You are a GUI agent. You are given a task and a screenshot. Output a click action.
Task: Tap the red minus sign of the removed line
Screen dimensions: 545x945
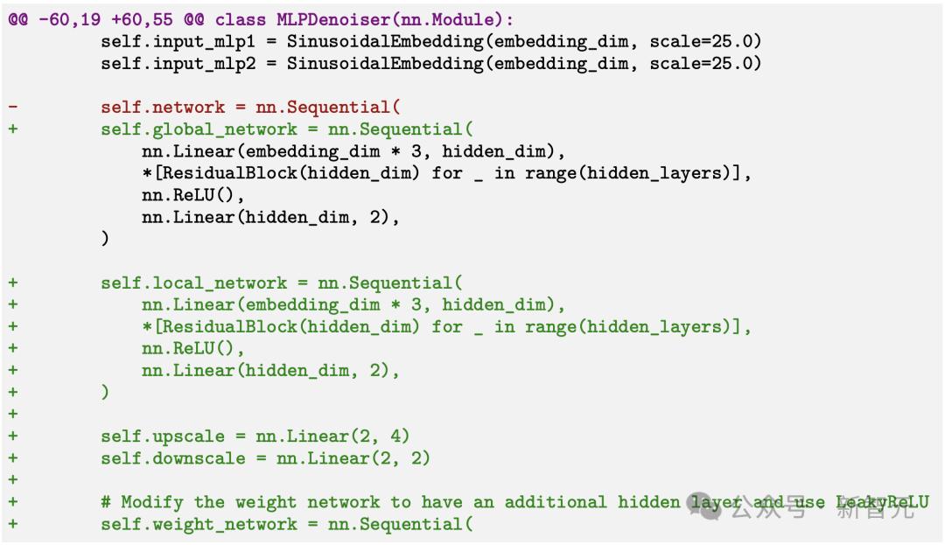[x=13, y=107]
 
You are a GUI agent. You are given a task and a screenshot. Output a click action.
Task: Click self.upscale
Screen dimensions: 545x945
[x=152, y=436]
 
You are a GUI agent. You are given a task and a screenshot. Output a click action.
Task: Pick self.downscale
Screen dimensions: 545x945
[x=163, y=458]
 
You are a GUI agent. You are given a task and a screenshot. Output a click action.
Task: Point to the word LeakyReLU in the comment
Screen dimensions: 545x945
[x=882, y=502]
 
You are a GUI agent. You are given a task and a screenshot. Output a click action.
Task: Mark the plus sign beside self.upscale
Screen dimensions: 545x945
[x=13, y=436]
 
